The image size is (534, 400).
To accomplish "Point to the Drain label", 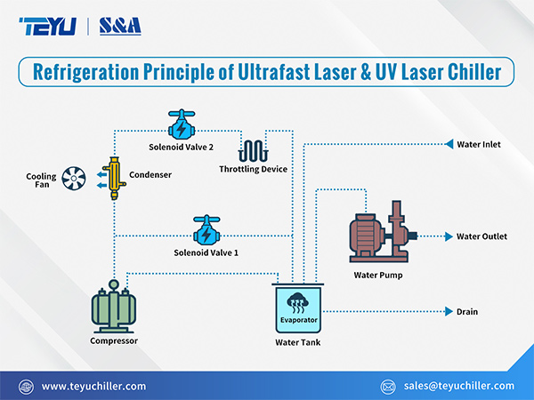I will click(467, 312).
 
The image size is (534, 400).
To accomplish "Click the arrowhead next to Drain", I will click(448, 312).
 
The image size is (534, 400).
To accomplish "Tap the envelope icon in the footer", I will click(387, 386).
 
